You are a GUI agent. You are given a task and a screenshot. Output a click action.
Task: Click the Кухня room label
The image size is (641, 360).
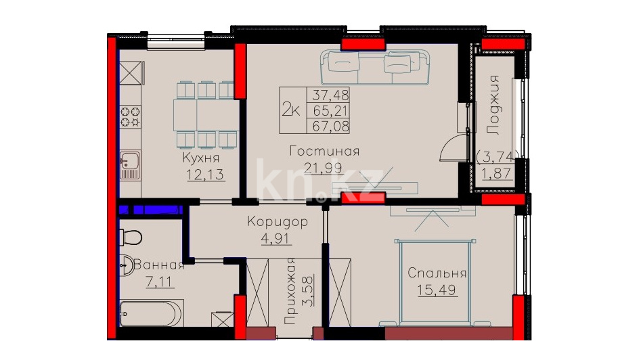[x=201, y=157]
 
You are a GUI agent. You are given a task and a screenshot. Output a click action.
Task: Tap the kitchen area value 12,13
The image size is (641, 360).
[x=205, y=175]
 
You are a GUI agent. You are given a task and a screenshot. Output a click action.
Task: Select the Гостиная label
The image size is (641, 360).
[x=324, y=151]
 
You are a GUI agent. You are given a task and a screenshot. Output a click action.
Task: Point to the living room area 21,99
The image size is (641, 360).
[x=323, y=168]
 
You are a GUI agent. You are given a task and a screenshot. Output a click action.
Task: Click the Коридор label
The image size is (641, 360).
[x=278, y=222]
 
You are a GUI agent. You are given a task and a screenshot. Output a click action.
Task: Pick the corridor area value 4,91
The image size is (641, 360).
[x=276, y=238]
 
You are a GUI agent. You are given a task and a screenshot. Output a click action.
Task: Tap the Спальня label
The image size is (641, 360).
[x=437, y=273]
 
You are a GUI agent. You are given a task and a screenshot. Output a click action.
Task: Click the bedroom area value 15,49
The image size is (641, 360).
[x=437, y=290]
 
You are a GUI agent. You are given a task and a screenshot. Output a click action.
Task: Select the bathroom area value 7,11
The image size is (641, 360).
[x=160, y=282]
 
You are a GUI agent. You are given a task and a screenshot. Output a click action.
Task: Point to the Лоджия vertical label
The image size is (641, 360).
[x=494, y=105]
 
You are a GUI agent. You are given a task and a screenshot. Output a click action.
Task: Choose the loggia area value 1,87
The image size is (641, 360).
[x=496, y=173]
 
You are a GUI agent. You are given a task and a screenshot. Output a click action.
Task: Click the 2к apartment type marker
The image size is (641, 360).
[x=291, y=110]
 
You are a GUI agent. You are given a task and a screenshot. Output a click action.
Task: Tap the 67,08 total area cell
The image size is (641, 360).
[x=330, y=126]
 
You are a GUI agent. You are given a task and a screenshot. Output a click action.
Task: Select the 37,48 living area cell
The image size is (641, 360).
[x=330, y=95]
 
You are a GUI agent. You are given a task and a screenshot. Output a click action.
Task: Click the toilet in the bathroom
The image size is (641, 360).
[x=131, y=237]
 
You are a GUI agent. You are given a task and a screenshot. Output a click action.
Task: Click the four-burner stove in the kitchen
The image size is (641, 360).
[x=131, y=116]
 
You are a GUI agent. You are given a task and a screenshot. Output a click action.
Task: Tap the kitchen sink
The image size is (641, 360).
[x=130, y=165]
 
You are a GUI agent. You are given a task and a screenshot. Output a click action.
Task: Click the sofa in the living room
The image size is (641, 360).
[x=375, y=67]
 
